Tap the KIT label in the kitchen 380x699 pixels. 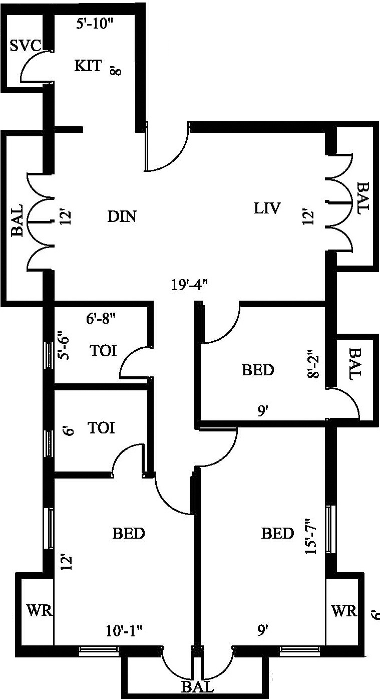[89, 66]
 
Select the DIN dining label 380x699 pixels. [122, 216]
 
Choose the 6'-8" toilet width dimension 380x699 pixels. [102, 317]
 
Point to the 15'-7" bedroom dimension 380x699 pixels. [311, 536]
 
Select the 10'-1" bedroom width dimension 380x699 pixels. [124, 630]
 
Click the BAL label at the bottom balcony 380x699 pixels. [198, 686]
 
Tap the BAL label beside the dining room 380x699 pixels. [17, 220]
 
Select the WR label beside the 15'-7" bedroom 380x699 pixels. [344, 611]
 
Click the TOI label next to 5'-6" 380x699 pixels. [103, 350]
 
